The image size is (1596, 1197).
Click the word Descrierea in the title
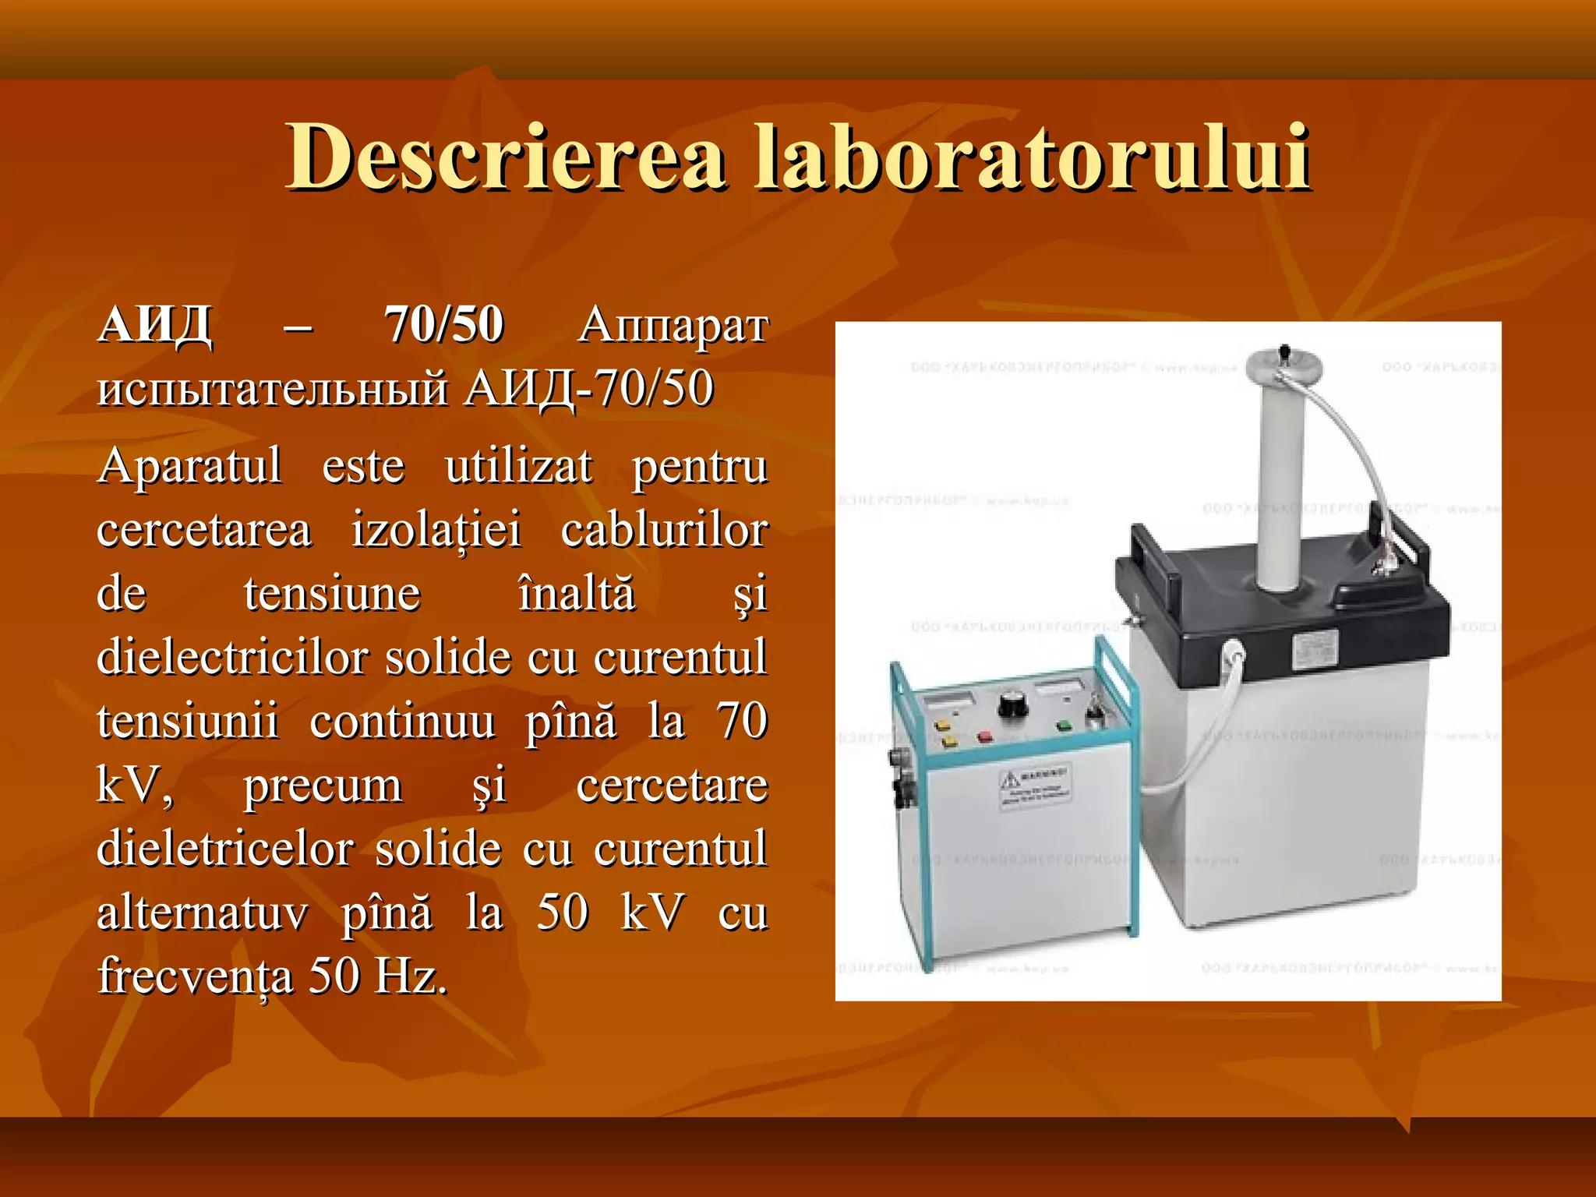click(x=507, y=157)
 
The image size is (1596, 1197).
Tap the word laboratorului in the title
click(x=1033, y=157)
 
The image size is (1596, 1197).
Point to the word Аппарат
click(x=673, y=326)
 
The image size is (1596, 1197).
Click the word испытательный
click(x=273, y=389)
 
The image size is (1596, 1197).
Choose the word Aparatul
click(x=189, y=467)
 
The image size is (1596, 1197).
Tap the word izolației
click(x=436, y=531)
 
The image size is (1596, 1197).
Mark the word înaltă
click(x=577, y=594)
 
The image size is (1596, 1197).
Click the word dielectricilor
click(x=232, y=658)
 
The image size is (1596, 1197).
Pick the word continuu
click(x=402, y=722)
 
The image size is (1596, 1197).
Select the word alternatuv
click(x=203, y=913)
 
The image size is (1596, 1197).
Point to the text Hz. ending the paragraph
click(x=411, y=976)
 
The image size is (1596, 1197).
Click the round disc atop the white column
click(x=1284, y=363)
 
